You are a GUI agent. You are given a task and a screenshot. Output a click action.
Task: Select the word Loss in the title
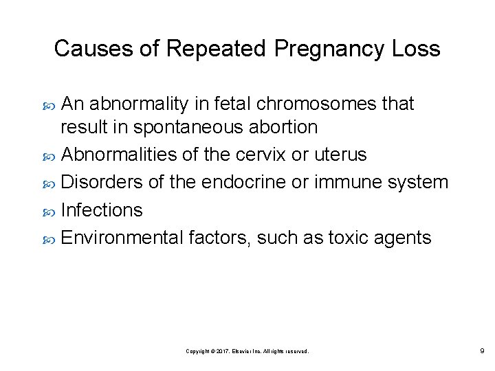point(416,49)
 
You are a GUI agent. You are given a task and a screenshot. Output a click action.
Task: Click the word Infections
point(102,210)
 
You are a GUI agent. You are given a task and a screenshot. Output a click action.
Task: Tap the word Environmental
point(121,238)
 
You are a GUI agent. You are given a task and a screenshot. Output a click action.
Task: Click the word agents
point(404,238)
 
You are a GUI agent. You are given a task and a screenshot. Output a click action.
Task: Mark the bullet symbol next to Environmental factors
point(49,238)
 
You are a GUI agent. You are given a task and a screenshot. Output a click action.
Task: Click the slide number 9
point(482,350)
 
